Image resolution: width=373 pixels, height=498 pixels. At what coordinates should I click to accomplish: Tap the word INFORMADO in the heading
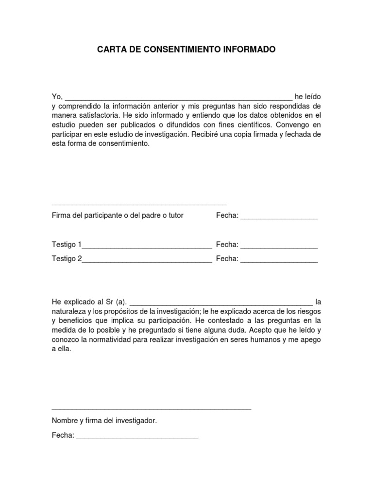coord(252,50)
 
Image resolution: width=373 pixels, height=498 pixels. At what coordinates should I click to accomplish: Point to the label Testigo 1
coord(67,245)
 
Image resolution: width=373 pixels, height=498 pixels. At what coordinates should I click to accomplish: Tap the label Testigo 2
coord(67,259)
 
